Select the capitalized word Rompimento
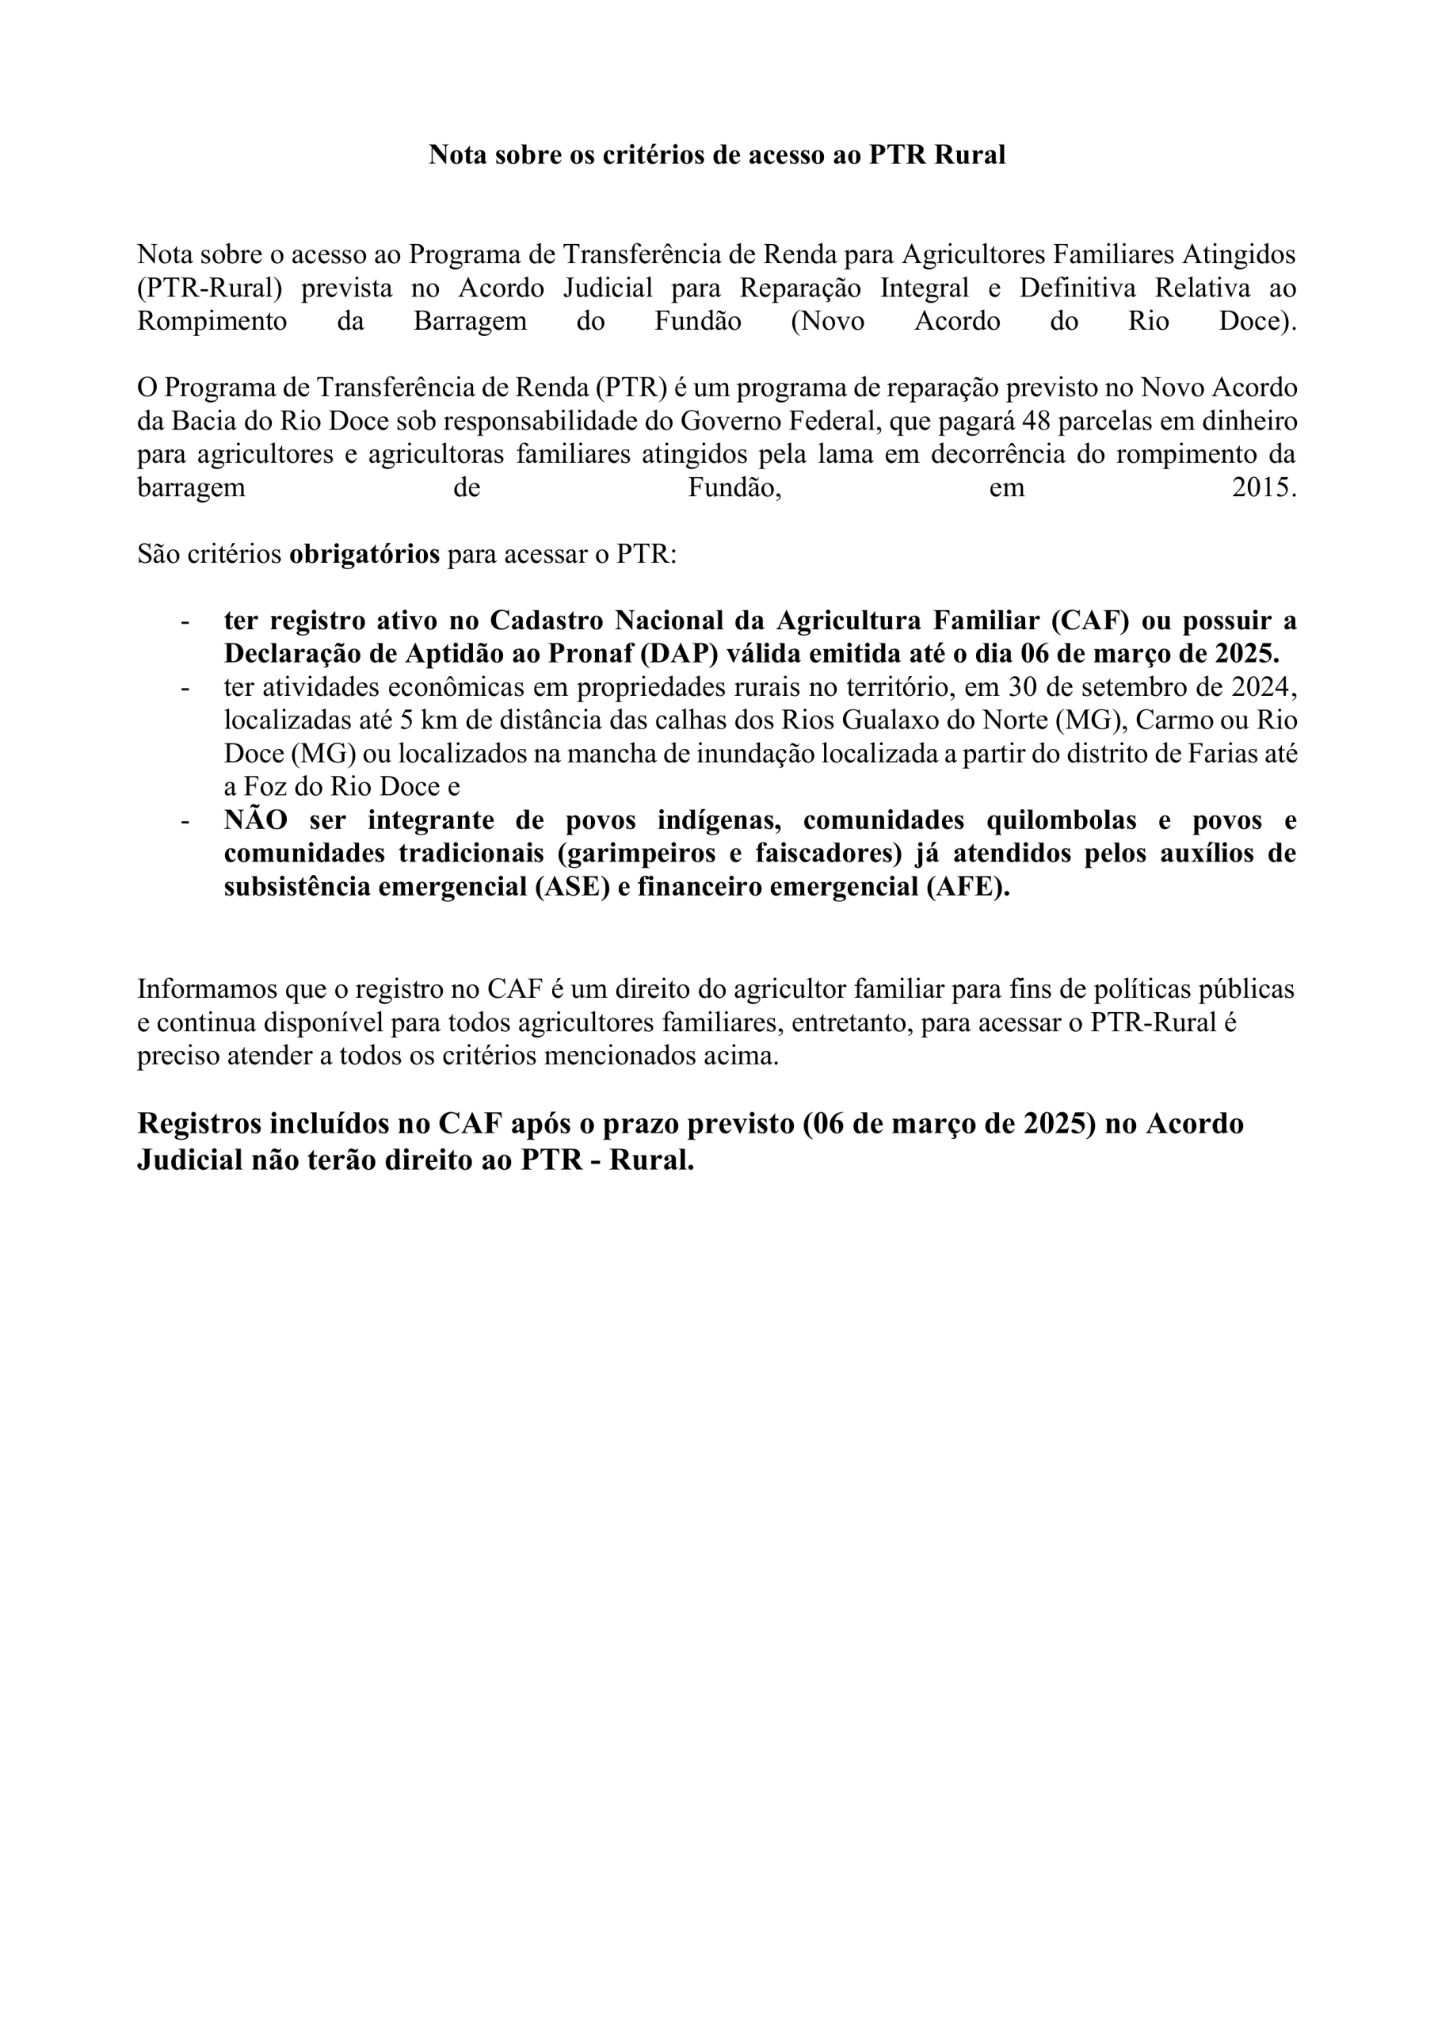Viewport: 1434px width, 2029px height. click(212, 321)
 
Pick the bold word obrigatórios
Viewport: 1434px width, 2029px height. click(364, 554)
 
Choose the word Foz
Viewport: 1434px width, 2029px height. click(263, 786)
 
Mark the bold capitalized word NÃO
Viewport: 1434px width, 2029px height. click(255, 820)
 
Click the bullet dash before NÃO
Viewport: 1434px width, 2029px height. click(185, 820)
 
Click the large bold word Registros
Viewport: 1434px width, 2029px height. click(199, 1123)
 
